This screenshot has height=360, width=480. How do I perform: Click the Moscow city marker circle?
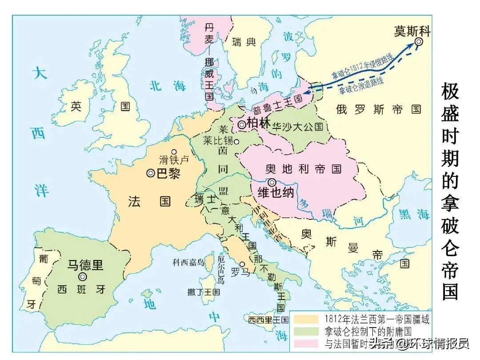(x=419, y=42)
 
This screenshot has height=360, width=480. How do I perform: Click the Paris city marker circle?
(x=151, y=173)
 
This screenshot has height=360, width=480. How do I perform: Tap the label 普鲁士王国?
(x=277, y=104)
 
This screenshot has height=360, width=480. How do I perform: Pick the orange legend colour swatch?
(x=305, y=319)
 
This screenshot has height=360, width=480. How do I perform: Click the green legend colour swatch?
(x=305, y=331)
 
